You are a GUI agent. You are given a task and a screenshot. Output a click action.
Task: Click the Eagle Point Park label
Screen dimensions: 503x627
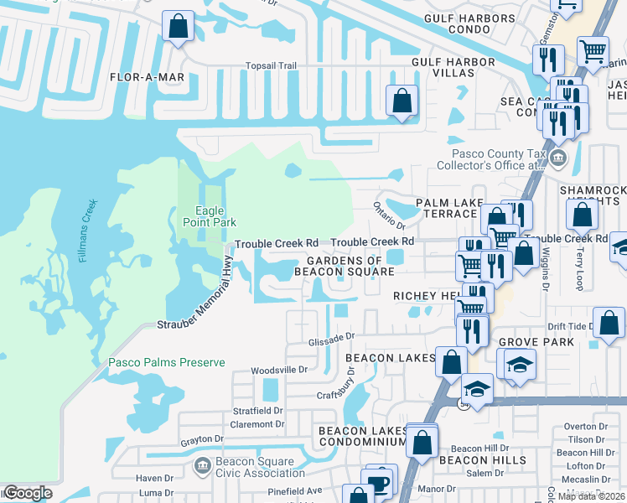tap(210, 216)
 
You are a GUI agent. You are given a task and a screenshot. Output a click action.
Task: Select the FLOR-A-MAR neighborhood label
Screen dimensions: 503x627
tap(147, 76)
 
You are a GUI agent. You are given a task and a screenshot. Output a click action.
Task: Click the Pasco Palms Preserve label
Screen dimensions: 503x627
tap(167, 362)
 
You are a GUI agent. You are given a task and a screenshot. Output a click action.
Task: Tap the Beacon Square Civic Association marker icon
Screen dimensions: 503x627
tap(201, 465)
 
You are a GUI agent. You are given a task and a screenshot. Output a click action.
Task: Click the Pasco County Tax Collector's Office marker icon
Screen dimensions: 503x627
tap(558, 158)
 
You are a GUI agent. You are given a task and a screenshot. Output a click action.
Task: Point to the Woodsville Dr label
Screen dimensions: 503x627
tap(280, 370)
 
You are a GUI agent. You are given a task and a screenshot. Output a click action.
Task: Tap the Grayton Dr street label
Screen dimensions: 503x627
tap(202, 439)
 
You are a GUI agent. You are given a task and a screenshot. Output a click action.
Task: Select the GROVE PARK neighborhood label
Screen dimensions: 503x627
tap(536, 342)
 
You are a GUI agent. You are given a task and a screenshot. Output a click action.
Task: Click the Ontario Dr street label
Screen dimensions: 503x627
tap(389, 219)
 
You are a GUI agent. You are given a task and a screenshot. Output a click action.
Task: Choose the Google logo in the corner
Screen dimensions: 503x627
tap(28, 493)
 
